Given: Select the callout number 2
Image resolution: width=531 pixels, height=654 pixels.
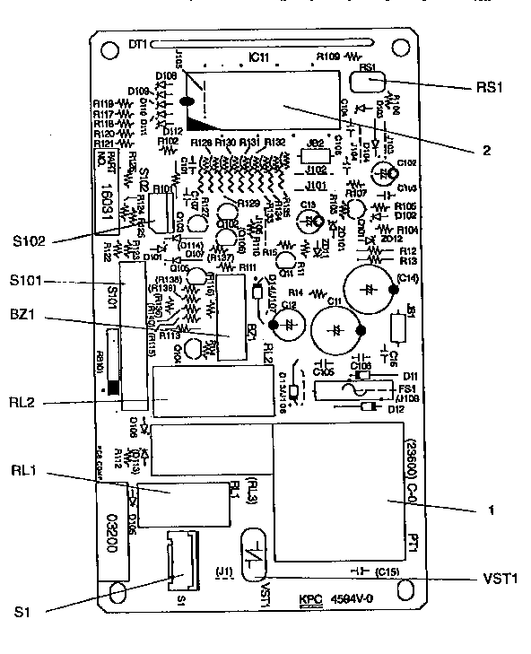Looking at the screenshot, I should [x=486, y=151].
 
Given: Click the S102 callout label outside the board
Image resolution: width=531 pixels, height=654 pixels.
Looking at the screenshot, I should [x=29, y=240].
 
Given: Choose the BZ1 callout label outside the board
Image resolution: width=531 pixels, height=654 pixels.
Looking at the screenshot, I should [x=25, y=317].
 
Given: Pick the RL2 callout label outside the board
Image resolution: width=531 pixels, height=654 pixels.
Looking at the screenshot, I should [x=24, y=402].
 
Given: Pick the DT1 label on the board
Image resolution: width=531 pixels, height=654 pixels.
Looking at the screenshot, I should [x=137, y=44].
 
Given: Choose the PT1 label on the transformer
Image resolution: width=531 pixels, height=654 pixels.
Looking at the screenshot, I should [x=412, y=545].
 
